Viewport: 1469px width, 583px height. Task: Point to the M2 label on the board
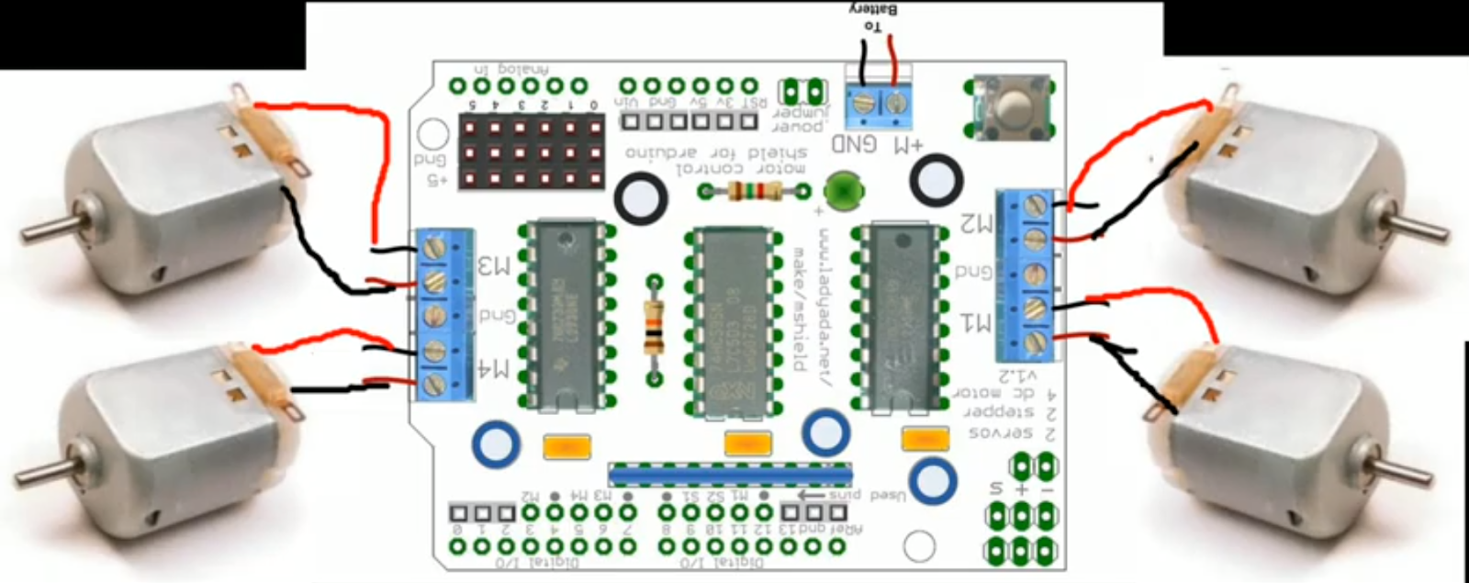pos(976,224)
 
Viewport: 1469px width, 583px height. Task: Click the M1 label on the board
pos(976,322)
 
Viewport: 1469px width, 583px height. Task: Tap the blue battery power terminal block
pos(879,107)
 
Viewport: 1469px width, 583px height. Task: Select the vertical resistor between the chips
pos(654,329)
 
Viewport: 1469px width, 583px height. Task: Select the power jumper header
pos(801,91)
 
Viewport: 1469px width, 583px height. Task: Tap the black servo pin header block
pos(532,151)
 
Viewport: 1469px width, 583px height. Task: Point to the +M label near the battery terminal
pos(908,145)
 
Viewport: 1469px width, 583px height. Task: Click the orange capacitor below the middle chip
pos(747,445)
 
